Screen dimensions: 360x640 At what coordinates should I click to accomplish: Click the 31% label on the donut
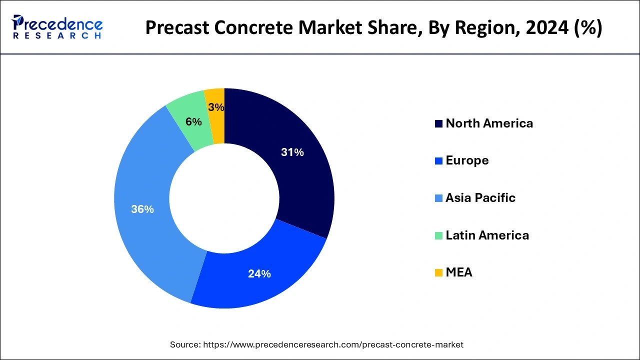coord(292,152)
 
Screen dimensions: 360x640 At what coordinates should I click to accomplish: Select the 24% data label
coord(259,273)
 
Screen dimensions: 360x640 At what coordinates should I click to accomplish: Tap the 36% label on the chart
coord(142,209)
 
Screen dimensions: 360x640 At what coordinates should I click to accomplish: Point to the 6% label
coord(193,121)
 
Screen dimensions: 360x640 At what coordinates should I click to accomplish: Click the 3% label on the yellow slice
coord(216,107)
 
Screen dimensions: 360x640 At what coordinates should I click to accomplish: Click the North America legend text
coord(489,123)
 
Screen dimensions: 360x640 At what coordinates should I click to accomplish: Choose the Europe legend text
coord(467,160)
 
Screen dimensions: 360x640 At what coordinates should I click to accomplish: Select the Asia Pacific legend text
coord(480,198)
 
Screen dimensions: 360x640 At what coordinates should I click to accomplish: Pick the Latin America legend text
coord(487,235)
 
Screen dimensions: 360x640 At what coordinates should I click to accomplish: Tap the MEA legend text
coord(458,272)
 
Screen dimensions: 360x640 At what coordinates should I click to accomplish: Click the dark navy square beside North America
coord(438,124)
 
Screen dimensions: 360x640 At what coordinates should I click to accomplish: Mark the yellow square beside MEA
coord(438,273)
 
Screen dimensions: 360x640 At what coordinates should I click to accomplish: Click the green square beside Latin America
coord(438,235)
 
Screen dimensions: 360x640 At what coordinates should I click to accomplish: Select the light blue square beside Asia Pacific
coord(438,198)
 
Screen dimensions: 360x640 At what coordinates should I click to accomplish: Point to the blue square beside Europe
coord(438,161)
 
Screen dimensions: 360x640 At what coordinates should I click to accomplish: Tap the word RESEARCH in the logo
coord(57,36)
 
